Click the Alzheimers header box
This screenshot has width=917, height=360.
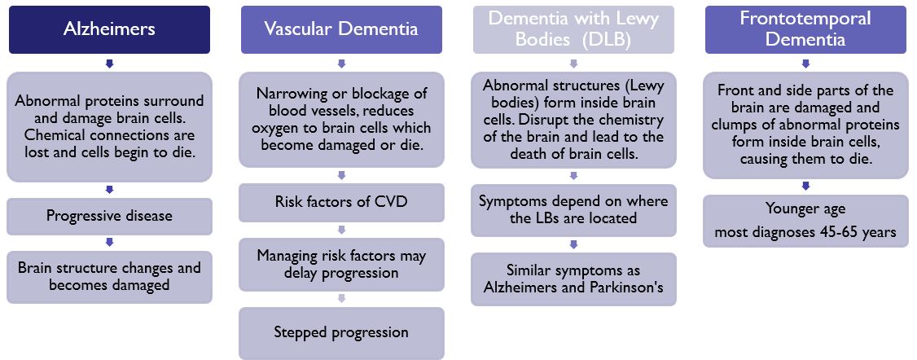coord(109,30)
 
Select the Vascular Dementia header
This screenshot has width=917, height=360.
coord(341,30)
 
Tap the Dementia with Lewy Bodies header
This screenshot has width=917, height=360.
coord(573,30)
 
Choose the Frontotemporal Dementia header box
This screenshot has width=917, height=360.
coord(805,30)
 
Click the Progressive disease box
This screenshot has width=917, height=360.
coord(109,216)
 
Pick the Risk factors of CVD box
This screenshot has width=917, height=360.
coord(341,203)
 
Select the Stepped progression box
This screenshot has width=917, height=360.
coord(341,333)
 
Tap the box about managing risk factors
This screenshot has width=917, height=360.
coord(341,265)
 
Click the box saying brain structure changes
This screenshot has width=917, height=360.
coord(109,277)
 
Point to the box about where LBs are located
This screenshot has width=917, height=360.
coord(573,210)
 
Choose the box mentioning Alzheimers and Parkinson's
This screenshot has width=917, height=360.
coord(573,279)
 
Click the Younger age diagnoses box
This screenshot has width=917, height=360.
coord(805,221)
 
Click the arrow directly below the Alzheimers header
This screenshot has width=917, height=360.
coord(109,63)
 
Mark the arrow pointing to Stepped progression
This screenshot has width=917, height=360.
coord(341,299)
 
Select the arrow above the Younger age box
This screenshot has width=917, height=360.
coord(805,187)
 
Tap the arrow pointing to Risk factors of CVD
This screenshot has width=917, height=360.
coord(341,175)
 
